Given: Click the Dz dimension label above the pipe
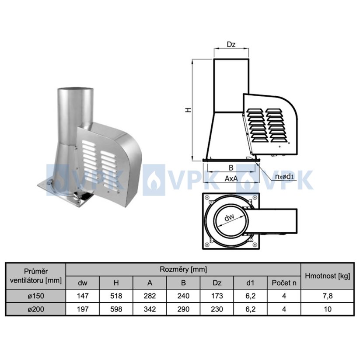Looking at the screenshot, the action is pyautogui.click(x=231, y=44).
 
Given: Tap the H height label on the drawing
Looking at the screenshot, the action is pyautogui.click(x=188, y=110).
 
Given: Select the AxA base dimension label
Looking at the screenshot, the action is pyautogui.click(x=231, y=178).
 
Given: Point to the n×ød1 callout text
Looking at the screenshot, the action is pyautogui.click(x=284, y=176).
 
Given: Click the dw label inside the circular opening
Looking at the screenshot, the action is pyautogui.click(x=229, y=217).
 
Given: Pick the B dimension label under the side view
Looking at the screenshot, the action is pyautogui.click(x=231, y=168).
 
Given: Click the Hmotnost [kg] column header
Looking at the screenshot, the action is pyautogui.click(x=327, y=276).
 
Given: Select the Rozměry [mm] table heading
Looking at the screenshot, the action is pyautogui.click(x=183, y=269).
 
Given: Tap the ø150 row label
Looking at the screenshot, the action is pyautogui.click(x=36, y=296).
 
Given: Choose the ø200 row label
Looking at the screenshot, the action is pyautogui.click(x=36, y=309).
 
